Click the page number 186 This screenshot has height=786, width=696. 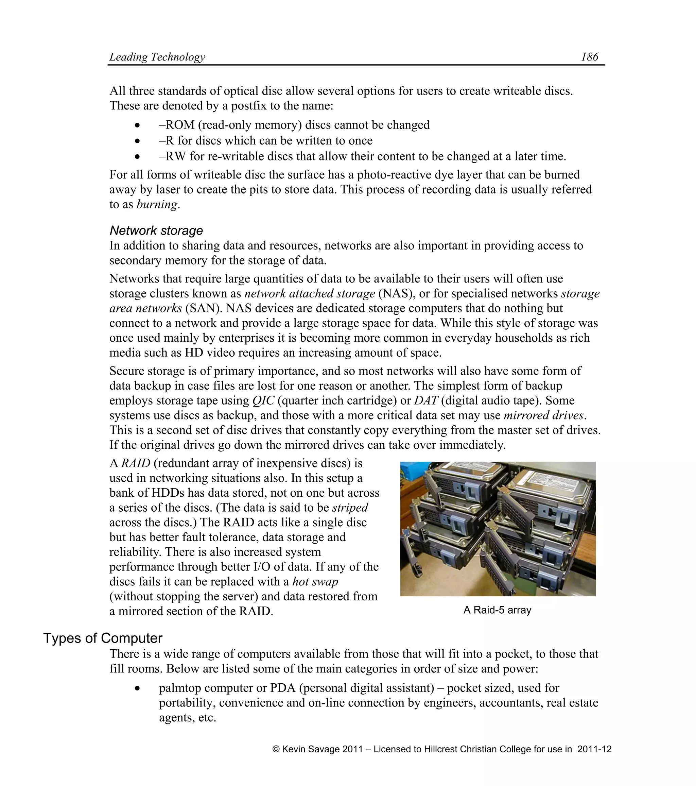589,57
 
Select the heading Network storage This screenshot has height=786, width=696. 156,230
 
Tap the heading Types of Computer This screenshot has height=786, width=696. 103,638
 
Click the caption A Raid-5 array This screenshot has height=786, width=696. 497,610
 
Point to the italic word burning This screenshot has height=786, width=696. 157,204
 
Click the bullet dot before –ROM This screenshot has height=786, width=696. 138,125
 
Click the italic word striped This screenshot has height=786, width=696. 350,508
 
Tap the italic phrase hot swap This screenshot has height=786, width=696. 315,581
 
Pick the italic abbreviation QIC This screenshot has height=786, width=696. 263,401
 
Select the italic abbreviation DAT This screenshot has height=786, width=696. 426,401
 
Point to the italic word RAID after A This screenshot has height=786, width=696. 136,463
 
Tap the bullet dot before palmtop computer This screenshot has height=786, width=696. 138,688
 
